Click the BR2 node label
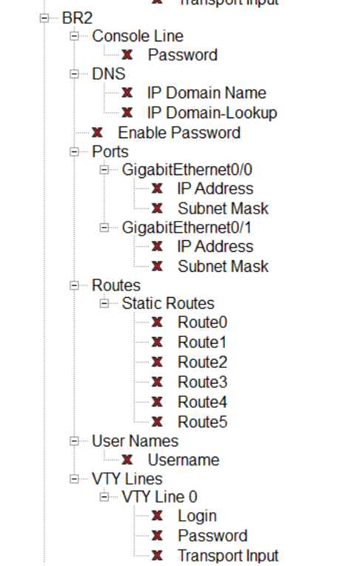76,17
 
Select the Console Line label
137,36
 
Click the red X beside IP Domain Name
127,94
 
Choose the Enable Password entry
179,133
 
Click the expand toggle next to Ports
74,152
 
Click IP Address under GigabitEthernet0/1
215,247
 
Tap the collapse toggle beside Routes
74,285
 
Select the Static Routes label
168,304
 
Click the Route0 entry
202,323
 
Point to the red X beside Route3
157,383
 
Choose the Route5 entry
202,422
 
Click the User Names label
135,441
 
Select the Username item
183,460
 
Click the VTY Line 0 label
160,497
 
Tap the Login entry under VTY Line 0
197,516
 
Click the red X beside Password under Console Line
127,55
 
